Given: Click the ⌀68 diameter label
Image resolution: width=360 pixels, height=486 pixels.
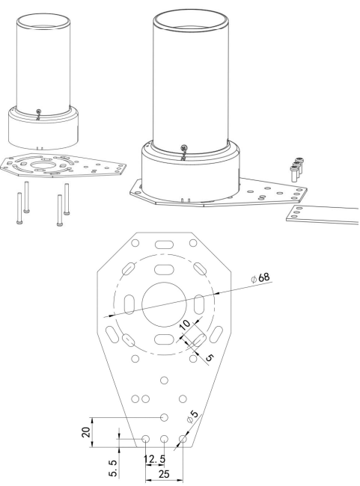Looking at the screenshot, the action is click(x=260, y=278).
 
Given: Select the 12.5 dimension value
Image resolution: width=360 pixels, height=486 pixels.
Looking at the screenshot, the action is click(x=154, y=459).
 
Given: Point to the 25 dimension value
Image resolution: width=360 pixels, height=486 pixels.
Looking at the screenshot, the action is click(x=164, y=474).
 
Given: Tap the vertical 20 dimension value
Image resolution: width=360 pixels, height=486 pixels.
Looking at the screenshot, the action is click(x=86, y=431).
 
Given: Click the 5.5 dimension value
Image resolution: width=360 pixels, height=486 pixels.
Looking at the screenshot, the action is click(x=113, y=468).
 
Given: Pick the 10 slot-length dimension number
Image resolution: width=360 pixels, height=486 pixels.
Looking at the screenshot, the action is click(x=185, y=324).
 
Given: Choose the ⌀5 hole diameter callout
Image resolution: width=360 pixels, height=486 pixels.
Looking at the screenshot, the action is click(x=192, y=416).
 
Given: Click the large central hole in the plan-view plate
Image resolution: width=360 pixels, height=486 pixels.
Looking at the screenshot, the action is click(x=164, y=304).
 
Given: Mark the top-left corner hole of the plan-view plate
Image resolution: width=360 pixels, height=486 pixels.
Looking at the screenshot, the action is click(x=135, y=243).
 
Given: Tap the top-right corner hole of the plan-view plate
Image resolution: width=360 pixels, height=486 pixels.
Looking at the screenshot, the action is click(x=193, y=243).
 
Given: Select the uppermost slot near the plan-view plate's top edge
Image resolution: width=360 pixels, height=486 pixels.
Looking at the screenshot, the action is click(x=164, y=244).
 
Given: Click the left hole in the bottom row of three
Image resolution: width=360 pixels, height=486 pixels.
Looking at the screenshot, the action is click(x=145, y=439).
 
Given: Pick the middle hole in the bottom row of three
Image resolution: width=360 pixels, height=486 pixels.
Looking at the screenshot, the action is click(x=164, y=439).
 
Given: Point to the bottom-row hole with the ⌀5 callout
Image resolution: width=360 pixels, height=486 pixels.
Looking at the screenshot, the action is click(x=183, y=439).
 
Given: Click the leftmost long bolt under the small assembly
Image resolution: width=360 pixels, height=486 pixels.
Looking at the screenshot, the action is click(x=19, y=208).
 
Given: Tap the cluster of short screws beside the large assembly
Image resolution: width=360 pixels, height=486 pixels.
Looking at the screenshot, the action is click(x=296, y=168).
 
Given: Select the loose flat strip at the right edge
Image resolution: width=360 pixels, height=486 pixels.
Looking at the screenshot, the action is click(x=323, y=215).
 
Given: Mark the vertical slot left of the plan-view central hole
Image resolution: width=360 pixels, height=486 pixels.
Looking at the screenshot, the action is click(x=129, y=304).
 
